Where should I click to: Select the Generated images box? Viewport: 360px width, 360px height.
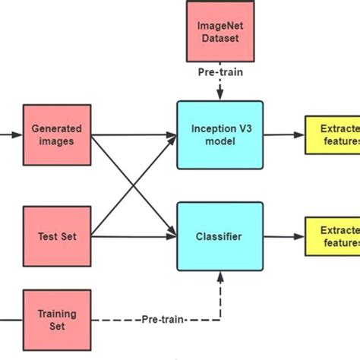56,135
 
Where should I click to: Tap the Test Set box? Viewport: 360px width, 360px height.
56,236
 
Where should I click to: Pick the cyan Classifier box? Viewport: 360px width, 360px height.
219,236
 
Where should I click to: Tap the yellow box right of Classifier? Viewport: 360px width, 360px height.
333,236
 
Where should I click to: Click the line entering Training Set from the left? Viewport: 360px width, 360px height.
9,318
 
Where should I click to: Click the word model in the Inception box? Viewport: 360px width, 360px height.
219,141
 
